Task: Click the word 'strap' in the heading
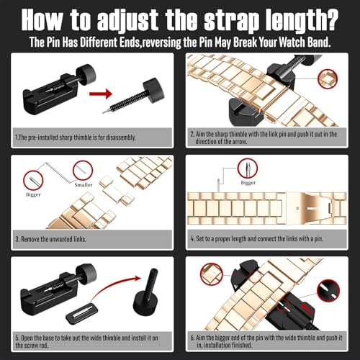[x=232, y=21]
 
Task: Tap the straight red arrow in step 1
[x=101, y=94]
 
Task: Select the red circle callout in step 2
[x=328, y=79]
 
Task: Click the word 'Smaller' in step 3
[x=84, y=185]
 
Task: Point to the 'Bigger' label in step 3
[x=33, y=194]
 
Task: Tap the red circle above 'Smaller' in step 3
[x=83, y=170]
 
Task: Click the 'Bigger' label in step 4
[x=248, y=183]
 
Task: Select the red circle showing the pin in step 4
[x=248, y=168]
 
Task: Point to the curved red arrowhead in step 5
[x=138, y=279]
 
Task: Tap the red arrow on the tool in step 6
[x=307, y=308]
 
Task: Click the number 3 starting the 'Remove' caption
[x=17, y=239]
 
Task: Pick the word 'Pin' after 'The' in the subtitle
[x=53, y=42]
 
